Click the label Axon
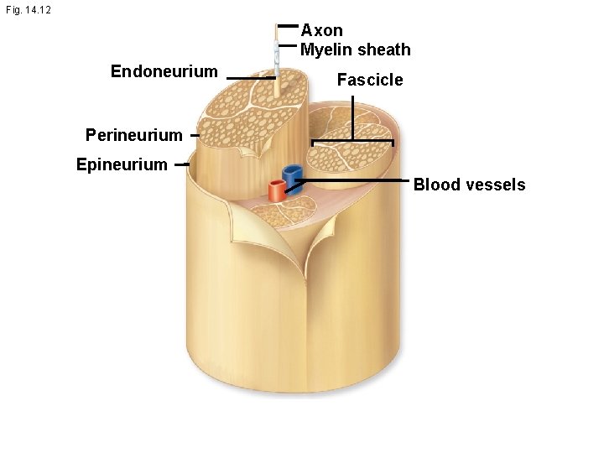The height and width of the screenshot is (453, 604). pyautogui.click(x=321, y=31)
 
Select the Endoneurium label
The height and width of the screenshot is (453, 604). pyautogui.click(x=164, y=73)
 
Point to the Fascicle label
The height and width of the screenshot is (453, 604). pyautogui.click(x=369, y=81)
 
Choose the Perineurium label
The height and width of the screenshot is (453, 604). pyautogui.click(x=133, y=135)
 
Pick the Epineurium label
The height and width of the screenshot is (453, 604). pyautogui.click(x=122, y=164)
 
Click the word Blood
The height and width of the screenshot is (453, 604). pyautogui.click(x=437, y=185)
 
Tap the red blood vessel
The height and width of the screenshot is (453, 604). pyautogui.click(x=276, y=190)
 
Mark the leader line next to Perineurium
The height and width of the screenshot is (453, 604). pyautogui.click(x=194, y=135)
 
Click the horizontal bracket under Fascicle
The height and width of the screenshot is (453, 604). pyautogui.click(x=352, y=141)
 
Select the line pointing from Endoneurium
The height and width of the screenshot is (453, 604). pyautogui.click(x=251, y=77)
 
